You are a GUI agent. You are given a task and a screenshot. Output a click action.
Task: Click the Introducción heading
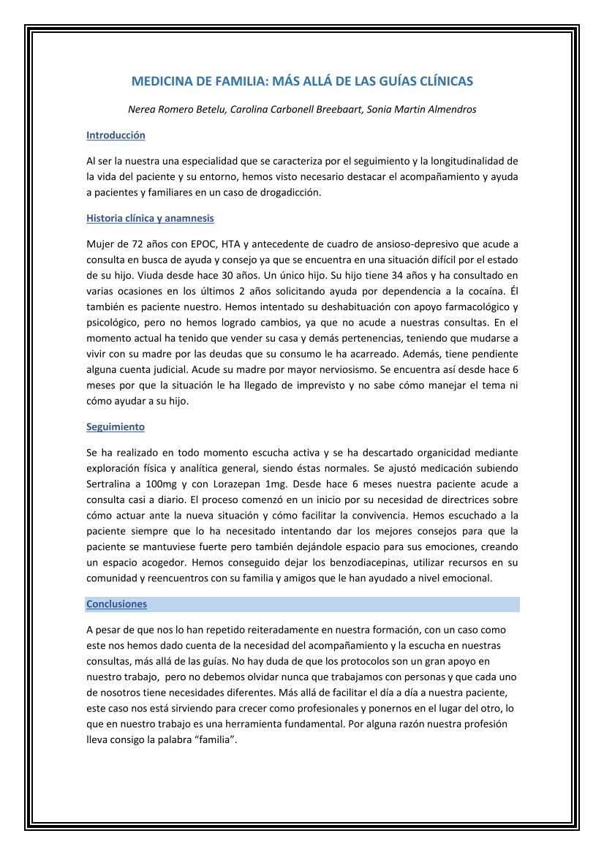pos(116,135)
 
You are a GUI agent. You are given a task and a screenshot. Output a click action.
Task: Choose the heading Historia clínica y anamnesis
pos(150,218)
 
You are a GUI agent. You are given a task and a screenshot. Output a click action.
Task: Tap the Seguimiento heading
pos(116,426)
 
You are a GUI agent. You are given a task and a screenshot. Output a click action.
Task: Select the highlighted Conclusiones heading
pos(116,604)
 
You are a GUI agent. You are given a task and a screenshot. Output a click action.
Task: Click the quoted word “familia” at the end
pos(216,739)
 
